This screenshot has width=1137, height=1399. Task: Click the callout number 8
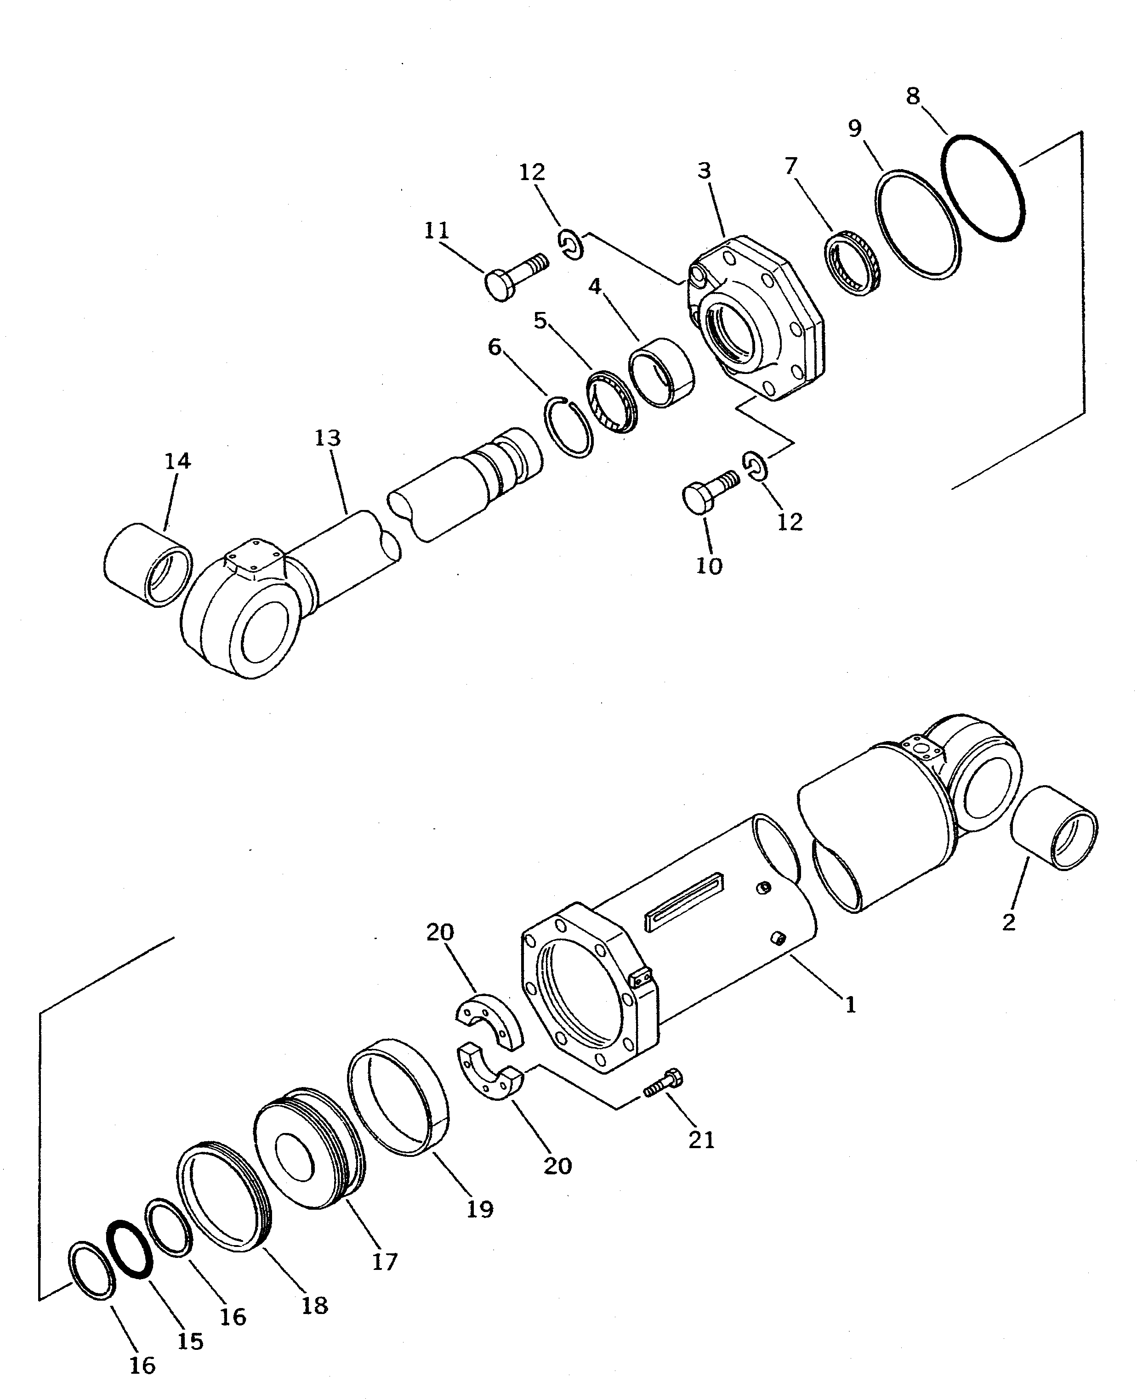(913, 96)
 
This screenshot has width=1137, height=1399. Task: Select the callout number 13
(328, 437)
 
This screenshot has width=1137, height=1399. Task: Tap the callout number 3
(704, 171)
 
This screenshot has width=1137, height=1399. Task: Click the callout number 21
(701, 1140)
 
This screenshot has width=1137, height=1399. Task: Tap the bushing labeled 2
(1054, 828)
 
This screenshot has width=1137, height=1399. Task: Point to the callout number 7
(791, 166)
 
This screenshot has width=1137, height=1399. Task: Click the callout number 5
(540, 321)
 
